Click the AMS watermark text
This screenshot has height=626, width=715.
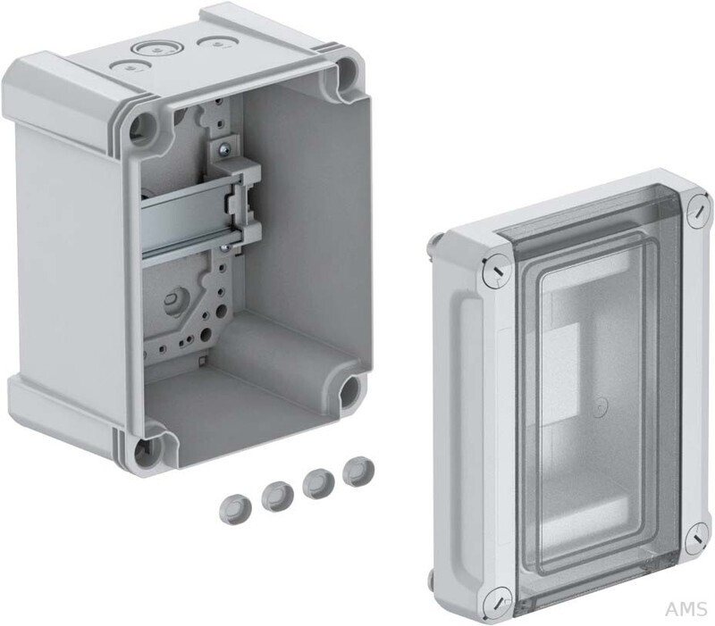coord(686,609)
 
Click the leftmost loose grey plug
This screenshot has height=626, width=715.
coord(234,510)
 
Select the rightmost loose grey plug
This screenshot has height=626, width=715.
coord(358,472)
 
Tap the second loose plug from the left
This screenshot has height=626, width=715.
coord(277,497)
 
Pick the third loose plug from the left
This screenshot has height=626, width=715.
coord(318,484)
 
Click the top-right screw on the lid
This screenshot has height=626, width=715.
coord(699,211)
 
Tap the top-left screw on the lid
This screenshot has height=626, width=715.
coord(496,271)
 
